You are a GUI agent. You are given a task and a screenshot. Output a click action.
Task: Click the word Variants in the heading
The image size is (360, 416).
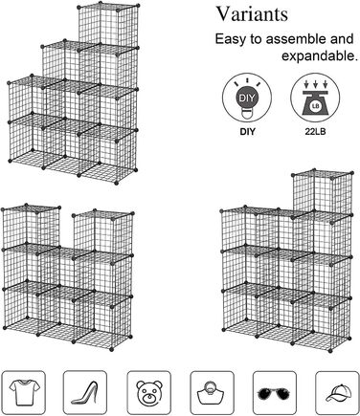click(252, 14)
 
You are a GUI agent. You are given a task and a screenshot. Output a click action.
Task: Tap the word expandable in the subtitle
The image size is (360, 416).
click(318, 55)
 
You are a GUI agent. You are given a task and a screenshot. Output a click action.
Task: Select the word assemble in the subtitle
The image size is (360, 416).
click(296, 39)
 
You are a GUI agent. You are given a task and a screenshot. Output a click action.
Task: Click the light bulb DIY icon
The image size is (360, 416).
click(247, 98)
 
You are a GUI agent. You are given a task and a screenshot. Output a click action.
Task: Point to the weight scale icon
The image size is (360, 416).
click(315, 98)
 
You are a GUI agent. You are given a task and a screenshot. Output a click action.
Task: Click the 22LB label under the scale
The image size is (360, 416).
click(315, 131)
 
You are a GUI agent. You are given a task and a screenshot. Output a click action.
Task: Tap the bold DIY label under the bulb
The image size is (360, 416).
click(247, 131)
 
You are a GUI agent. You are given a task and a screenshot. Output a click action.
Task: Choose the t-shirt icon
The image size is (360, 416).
click(24, 392)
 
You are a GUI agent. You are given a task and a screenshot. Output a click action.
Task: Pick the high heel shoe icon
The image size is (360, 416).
click(85, 392)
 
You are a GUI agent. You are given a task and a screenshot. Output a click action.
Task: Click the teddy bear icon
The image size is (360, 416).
click(149, 392)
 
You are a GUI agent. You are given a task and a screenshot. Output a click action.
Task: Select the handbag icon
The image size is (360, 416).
click(213, 392)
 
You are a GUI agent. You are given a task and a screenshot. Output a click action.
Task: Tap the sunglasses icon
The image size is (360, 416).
click(275, 392)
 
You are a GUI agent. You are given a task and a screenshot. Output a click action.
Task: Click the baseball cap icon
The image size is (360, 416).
click(337, 392)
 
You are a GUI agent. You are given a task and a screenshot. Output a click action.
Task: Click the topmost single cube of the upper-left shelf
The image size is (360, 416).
click(108, 27)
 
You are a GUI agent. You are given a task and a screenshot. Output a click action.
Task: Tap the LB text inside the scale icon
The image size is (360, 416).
click(315, 106)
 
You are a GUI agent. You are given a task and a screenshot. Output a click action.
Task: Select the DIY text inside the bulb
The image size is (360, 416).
click(247, 98)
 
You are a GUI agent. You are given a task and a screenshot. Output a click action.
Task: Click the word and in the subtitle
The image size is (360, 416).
click(343, 39)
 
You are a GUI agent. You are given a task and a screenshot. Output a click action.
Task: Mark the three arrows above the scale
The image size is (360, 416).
click(315, 84)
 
